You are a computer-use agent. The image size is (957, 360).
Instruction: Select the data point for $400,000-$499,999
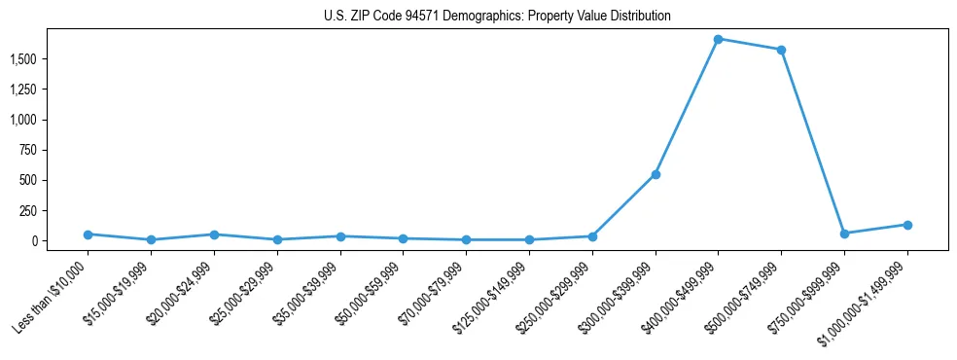tap(718, 39)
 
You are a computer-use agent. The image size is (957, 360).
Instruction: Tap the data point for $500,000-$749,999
tap(781, 50)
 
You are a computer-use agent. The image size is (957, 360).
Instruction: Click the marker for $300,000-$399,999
tap(656, 174)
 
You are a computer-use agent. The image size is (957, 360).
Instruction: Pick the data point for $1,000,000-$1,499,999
tap(907, 225)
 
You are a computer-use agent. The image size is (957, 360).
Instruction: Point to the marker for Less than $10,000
tap(89, 234)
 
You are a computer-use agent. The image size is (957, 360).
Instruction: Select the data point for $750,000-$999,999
tap(844, 234)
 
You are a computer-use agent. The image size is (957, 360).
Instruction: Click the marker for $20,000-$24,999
tap(214, 234)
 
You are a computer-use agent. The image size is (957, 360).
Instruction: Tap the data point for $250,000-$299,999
tap(592, 236)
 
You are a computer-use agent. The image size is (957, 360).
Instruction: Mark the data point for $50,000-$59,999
tap(403, 238)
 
